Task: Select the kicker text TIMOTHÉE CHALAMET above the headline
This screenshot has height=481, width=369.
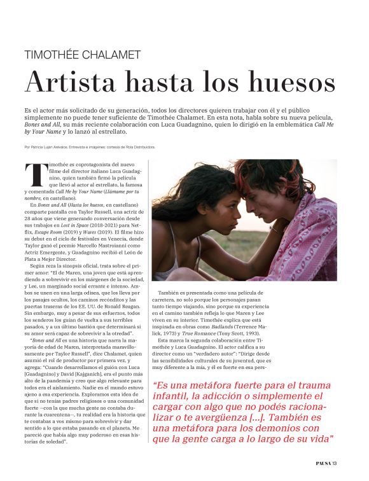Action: click(x=82, y=55)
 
